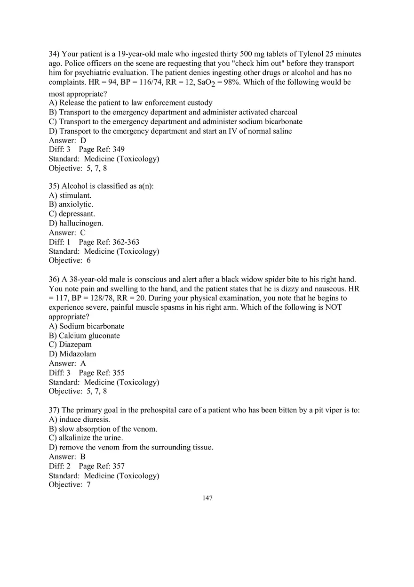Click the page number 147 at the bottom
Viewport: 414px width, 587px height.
[207, 498]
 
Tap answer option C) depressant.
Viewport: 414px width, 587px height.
[72, 214]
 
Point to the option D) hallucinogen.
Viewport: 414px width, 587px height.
[76, 223]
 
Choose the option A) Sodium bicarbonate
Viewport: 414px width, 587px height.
[87, 326]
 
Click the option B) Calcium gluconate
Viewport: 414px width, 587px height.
[84, 336]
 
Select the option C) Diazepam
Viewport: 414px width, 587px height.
[70, 345]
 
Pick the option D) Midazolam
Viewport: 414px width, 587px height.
[72, 354]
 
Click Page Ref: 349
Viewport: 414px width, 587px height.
[102, 149]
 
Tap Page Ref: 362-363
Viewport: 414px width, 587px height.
[109, 242]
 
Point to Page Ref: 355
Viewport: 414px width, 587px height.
[102, 373]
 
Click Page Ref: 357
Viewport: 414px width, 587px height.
[102, 466]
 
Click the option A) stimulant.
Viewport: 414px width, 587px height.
[70, 195]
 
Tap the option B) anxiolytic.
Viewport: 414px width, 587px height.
[71, 204]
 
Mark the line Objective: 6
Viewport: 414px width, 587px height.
[70, 260]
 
